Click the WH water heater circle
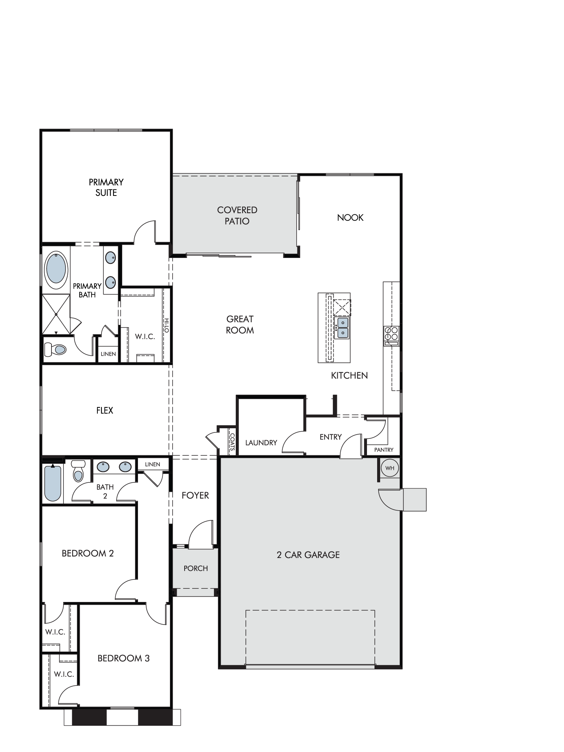[x=390, y=468]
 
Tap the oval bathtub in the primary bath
[x=56, y=269]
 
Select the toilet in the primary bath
[x=55, y=349]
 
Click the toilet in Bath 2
[x=78, y=471]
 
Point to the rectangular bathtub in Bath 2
[x=53, y=483]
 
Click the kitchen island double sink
[x=343, y=327]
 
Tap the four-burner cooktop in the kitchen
[x=391, y=336]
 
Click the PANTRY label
[x=384, y=450]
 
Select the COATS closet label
[x=232, y=442]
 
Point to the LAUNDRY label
[x=261, y=443]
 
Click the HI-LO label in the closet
[x=166, y=325]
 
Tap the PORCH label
[x=196, y=568]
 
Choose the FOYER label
[x=195, y=495]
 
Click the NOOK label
[x=350, y=217]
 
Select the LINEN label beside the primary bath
[x=108, y=354]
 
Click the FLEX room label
[x=105, y=410]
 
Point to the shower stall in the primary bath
[x=56, y=314]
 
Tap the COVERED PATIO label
[x=237, y=215]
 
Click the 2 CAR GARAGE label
[x=308, y=555]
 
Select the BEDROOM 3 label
[x=123, y=658]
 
